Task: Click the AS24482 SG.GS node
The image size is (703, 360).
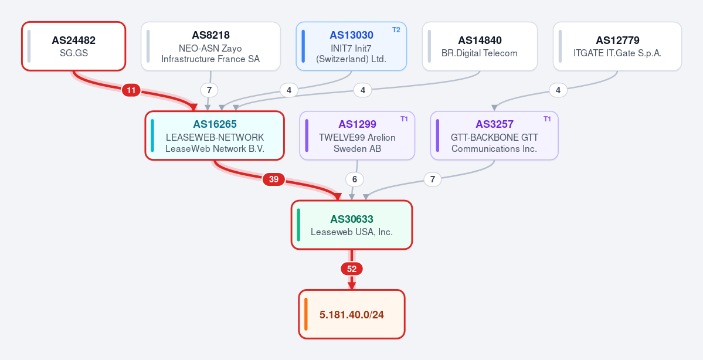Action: click(73, 46)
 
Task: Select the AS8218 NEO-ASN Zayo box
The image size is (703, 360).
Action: click(210, 46)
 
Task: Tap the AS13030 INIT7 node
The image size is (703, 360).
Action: click(352, 46)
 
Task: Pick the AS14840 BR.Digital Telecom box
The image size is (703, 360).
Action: click(480, 46)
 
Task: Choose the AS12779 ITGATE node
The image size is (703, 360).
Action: click(617, 46)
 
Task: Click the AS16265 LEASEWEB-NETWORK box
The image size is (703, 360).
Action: click(215, 135)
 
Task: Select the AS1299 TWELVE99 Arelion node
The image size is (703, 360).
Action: click(357, 135)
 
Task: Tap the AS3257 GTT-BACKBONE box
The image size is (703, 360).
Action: click(494, 135)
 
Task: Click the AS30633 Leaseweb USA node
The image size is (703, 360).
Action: click(352, 225)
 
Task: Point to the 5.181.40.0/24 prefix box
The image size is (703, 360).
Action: click(352, 314)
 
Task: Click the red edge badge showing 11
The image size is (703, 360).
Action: click(131, 90)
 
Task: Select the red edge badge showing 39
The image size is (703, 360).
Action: click(273, 179)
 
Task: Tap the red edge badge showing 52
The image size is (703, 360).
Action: click(352, 269)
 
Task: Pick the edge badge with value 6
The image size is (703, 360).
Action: click(355, 179)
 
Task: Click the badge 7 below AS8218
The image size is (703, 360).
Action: click(209, 90)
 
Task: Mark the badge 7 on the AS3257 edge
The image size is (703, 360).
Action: click(433, 179)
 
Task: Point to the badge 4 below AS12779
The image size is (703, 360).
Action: click(558, 90)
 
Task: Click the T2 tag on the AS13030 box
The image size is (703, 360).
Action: click(396, 29)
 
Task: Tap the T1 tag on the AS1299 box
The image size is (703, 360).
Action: click(405, 119)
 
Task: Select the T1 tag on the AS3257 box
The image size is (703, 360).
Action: click(548, 119)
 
